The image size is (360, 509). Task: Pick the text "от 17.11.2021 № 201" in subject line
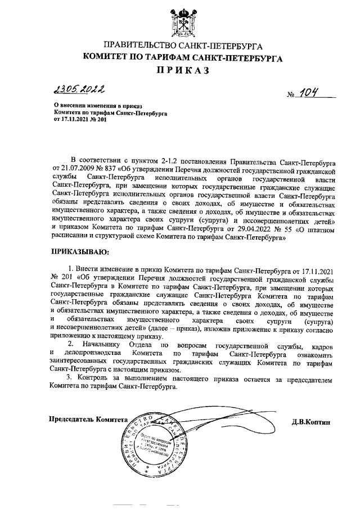[79, 120]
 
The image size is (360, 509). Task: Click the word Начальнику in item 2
[101, 343]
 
